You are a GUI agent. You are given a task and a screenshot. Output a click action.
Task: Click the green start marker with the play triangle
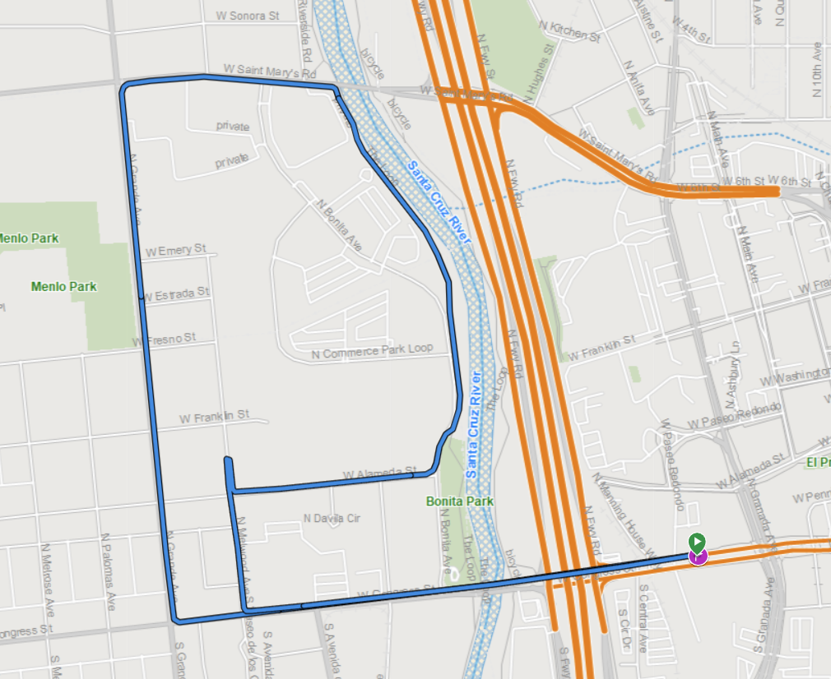(x=697, y=541)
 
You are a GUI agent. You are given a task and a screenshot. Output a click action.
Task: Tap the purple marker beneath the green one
(x=698, y=557)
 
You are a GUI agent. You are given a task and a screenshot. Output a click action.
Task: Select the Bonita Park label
(x=459, y=501)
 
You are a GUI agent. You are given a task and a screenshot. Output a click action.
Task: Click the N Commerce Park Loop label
(x=372, y=351)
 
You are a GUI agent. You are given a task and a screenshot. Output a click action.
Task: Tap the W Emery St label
(x=174, y=249)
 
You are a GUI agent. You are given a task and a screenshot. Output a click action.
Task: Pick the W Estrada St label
(x=177, y=293)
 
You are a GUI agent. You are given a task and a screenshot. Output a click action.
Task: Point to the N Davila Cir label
(x=332, y=519)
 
